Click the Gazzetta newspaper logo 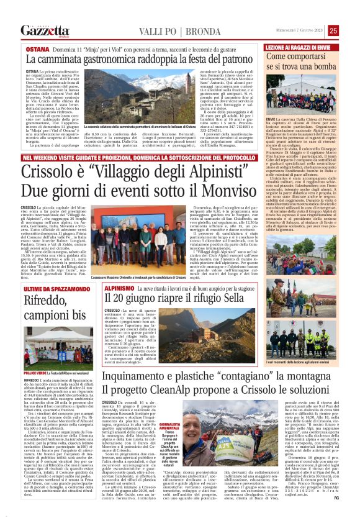[44, 30]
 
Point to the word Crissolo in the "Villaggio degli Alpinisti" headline [44, 170]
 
